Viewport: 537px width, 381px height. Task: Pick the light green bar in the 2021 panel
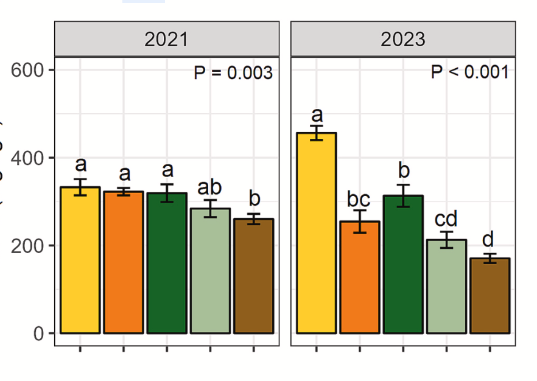pos(210,271)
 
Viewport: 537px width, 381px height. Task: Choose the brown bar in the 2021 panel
pos(254,276)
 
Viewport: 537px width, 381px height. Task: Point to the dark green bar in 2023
pos(403,265)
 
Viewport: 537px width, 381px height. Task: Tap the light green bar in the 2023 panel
pos(446,286)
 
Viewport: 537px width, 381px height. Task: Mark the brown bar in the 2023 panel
pos(490,296)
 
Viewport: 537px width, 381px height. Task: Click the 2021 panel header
pos(166,40)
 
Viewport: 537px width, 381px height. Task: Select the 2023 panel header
pos(403,40)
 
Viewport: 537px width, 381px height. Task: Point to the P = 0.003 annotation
pos(233,73)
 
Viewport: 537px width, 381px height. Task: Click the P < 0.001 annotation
pos(469,72)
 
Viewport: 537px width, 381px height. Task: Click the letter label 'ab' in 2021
pos(210,186)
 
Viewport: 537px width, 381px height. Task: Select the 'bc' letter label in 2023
pos(359,198)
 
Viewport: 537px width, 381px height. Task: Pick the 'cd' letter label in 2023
pos(445,219)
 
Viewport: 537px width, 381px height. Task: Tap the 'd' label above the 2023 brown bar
pos(488,239)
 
